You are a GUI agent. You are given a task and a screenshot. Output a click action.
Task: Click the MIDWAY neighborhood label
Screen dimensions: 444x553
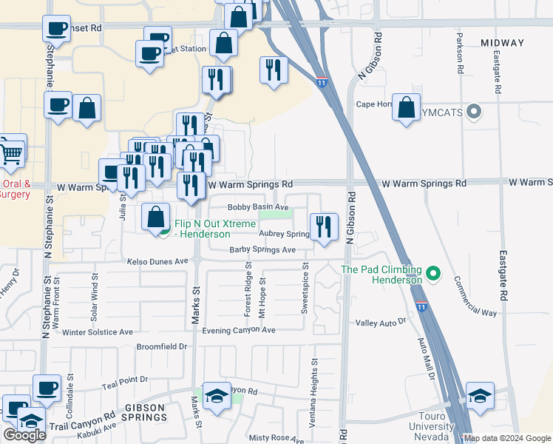pyautogui.click(x=502, y=43)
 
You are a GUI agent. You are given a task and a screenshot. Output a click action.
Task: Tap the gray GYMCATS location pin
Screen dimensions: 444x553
pyautogui.click(x=475, y=112)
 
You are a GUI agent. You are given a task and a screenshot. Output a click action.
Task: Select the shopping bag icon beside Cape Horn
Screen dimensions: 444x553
pyautogui.click(x=406, y=108)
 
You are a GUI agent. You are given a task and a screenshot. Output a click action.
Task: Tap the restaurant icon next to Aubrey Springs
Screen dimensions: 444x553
pyautogui.click(x=323, y=227)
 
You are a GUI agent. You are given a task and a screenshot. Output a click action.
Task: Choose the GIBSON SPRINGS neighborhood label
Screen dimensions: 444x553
pyautogui.click(x=146, y=413)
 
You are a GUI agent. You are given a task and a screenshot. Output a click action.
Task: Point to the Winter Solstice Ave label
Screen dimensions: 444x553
pyautogui.click(x=98, y=332)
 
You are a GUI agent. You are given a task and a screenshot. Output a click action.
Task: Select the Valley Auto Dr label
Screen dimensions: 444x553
pyautogui.click(x=381, y=322)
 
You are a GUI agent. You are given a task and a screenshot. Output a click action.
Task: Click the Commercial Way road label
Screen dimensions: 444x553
pyautogui.click(x=475, y=297)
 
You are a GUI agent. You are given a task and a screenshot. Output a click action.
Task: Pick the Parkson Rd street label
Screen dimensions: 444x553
pyautogui.click(x=460, y=53)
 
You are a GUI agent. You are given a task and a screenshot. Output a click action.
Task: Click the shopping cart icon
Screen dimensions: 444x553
pyautogui.click(x=11, y=153)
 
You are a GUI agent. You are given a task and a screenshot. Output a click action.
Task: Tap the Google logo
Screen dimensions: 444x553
pyautogui.click(x=24, y=435)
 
